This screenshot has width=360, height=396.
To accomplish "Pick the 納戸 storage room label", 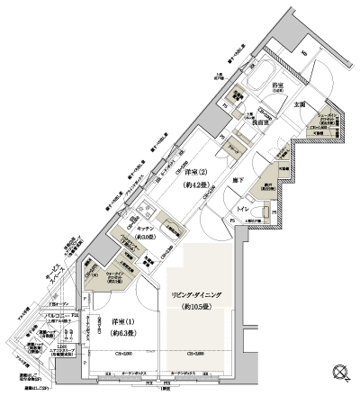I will (264, 183).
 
